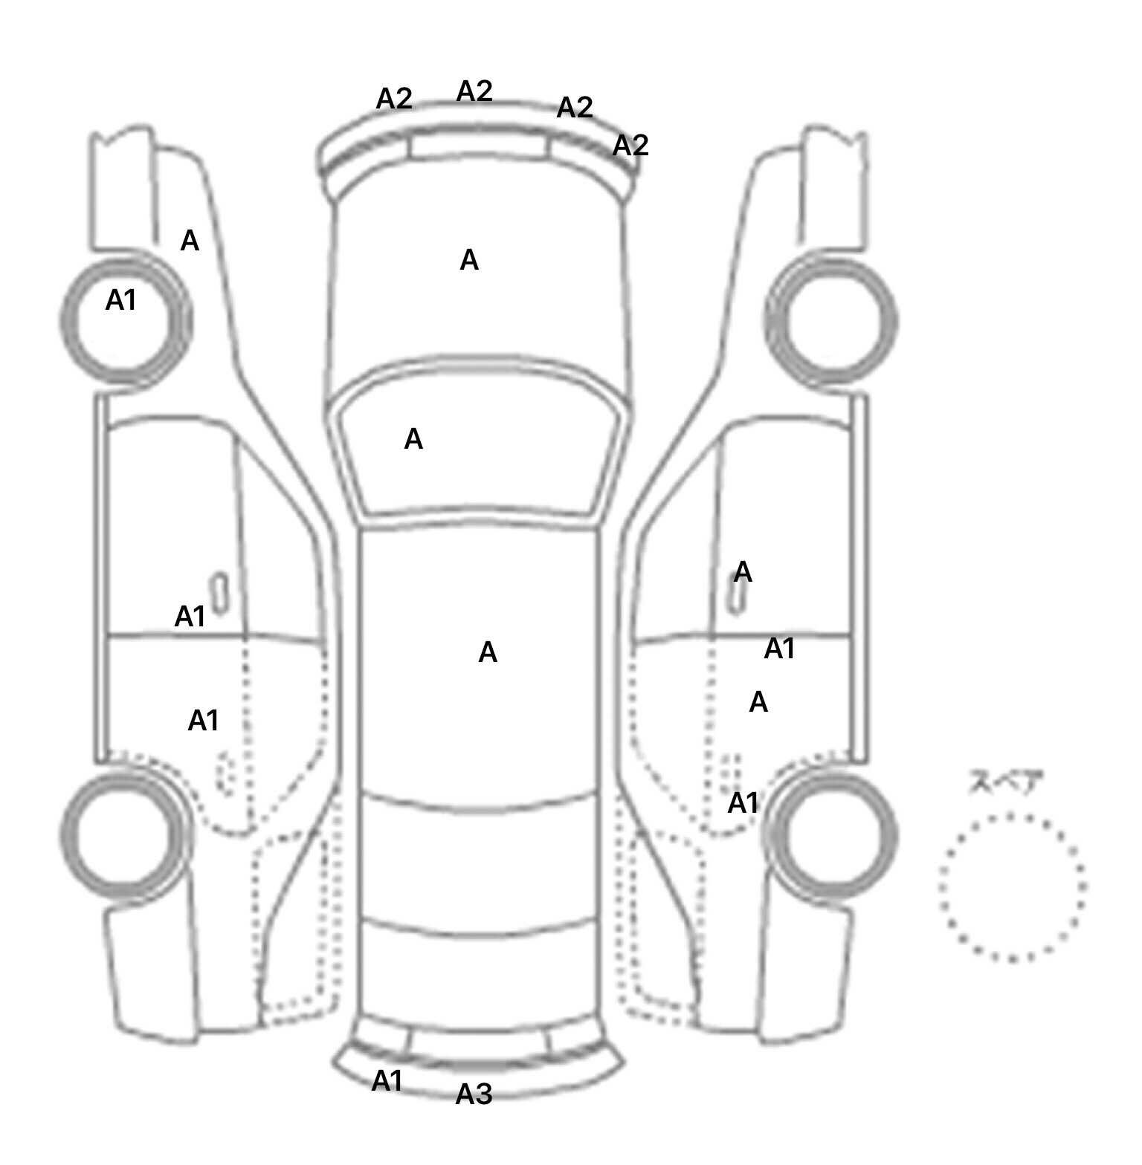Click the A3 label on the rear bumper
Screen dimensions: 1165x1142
pos(474,1094)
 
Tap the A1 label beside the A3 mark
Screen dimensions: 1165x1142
pos(387,1081)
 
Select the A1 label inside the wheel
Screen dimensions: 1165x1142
pos(121,300)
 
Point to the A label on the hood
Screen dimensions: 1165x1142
pos(469,260)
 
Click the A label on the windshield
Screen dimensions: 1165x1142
pos(413,440)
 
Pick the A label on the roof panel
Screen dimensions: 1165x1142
pos(488,652)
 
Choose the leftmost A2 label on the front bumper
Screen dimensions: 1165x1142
pos(394,98)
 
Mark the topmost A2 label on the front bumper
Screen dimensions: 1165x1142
pos(474,91)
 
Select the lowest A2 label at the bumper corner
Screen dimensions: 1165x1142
pos(630,145)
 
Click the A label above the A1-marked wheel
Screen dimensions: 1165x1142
pos(190,241)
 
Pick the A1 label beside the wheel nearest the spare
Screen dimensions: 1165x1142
pos(743,803)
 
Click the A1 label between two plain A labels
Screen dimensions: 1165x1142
pos(779,649)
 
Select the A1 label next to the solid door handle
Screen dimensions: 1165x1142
pos(190,616)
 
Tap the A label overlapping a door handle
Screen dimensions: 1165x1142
pos(743,572)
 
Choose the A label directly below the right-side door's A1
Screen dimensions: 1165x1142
pos(758,702)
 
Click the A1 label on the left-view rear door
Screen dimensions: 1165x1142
pos(203,720)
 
